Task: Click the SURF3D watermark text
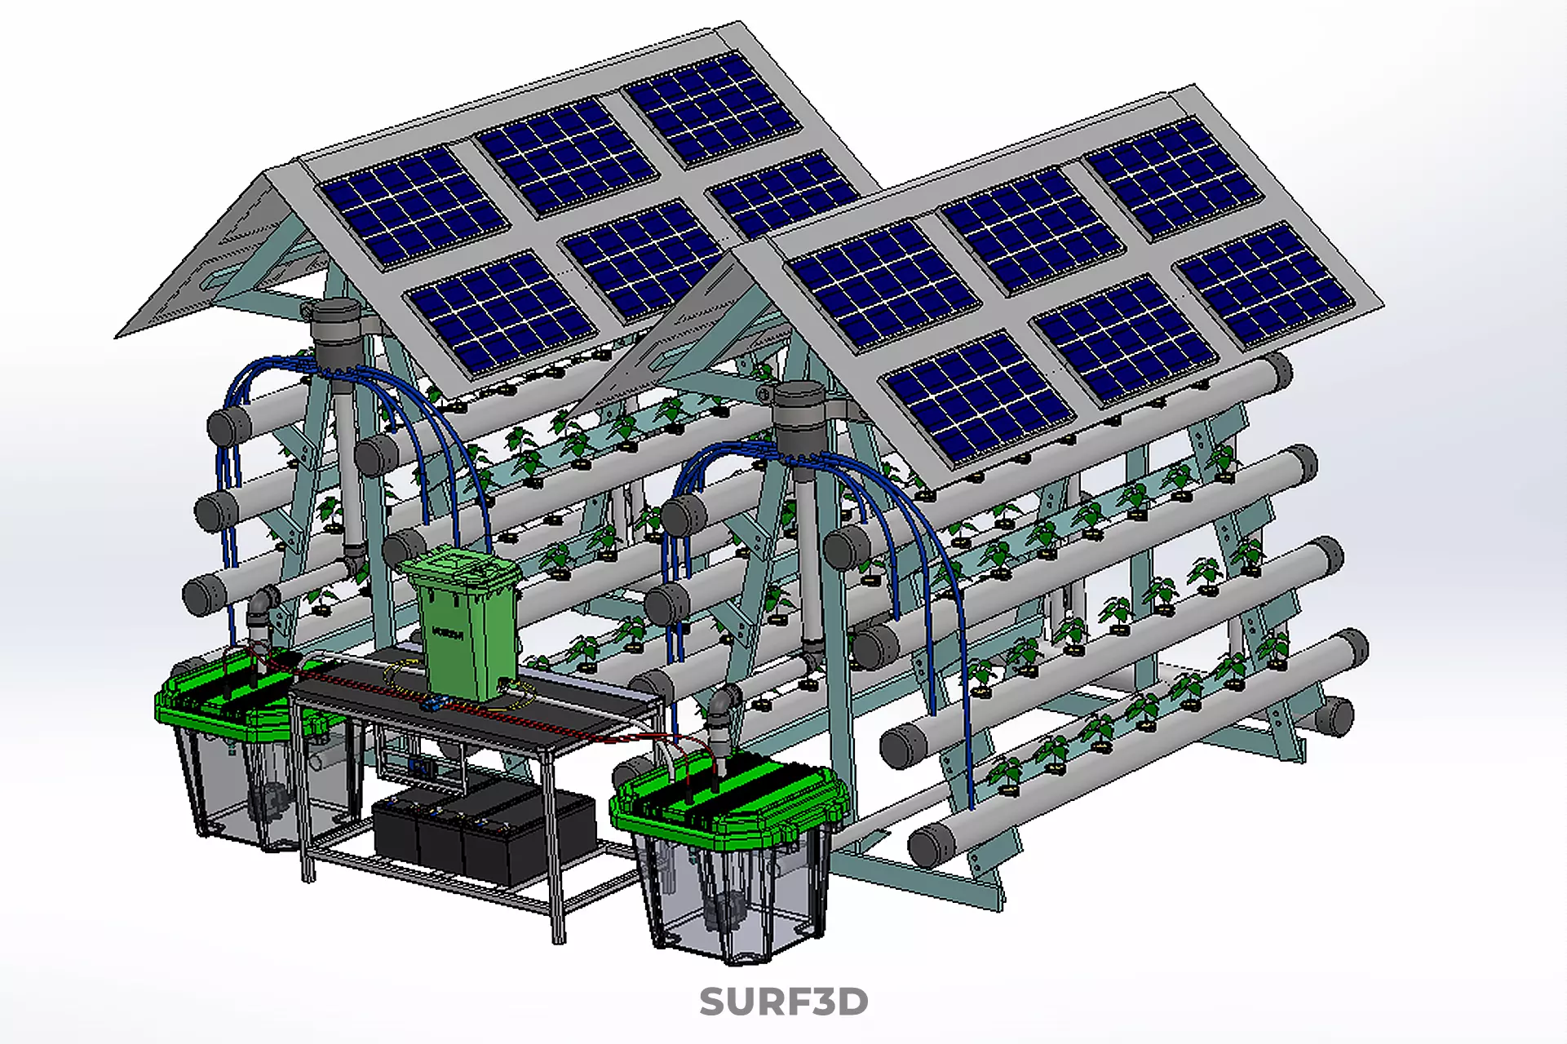point(783,1002)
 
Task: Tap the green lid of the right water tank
point(726,795)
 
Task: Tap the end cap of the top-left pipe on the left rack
point(228,425)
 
